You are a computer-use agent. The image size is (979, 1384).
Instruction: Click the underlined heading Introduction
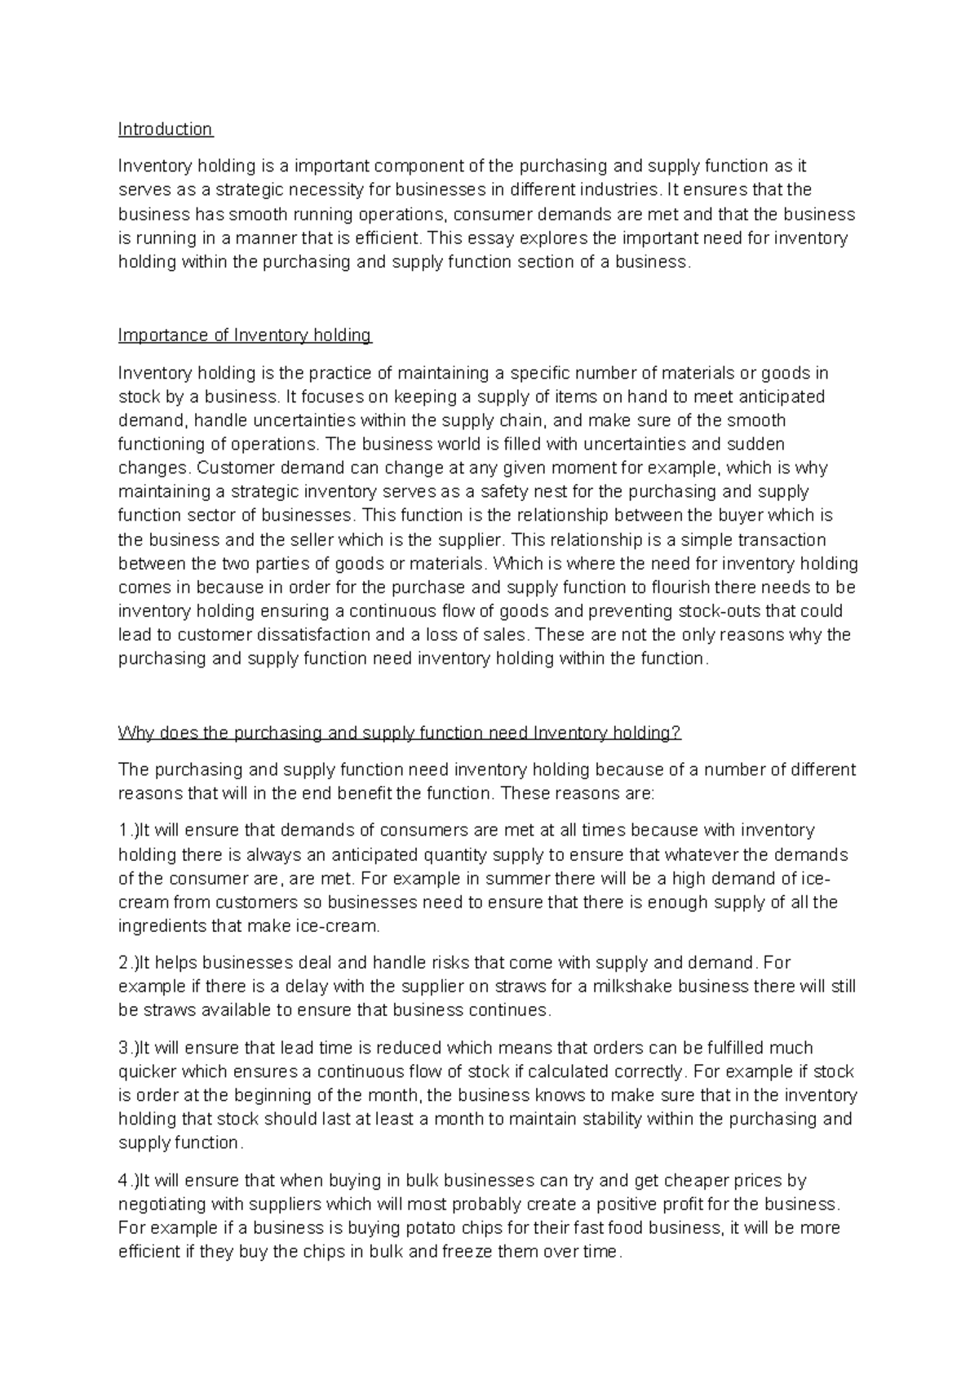[165, 129]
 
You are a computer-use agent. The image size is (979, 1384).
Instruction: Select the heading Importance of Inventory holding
[245, 335]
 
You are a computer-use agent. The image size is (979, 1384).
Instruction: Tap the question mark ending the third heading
[676, 733]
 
